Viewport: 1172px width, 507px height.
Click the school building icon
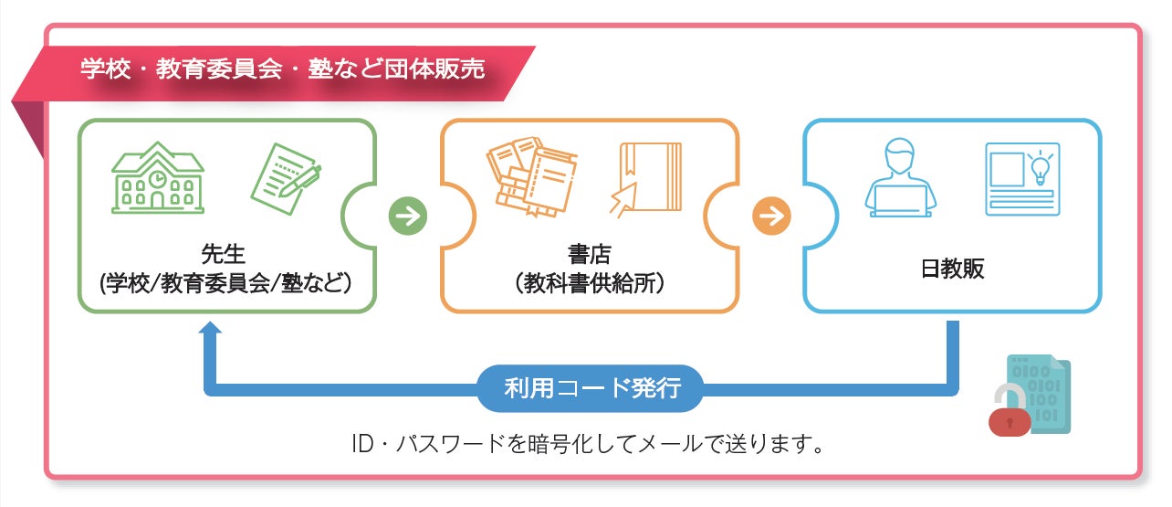[x=158, y=178]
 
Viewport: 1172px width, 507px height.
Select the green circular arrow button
[x=408, y=217]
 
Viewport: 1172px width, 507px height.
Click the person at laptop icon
[x=900, y=178]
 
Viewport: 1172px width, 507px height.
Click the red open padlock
[x=1009, y=410]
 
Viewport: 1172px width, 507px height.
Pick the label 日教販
[x=952, y=269]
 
